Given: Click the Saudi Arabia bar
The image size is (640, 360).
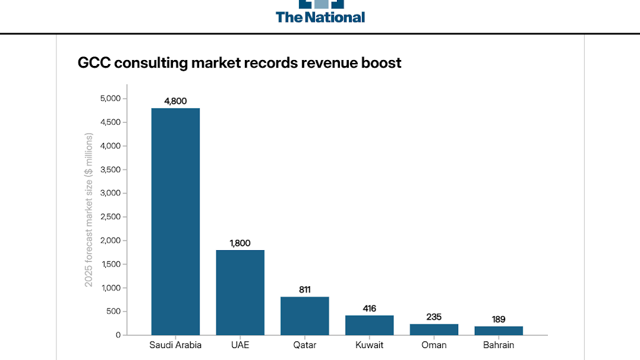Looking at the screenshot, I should [175, 222].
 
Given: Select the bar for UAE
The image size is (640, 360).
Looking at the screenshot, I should [240, 292].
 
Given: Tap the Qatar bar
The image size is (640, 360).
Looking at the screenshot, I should [305, 316].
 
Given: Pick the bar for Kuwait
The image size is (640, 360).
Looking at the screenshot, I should [370, 325].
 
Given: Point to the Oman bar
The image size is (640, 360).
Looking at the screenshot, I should [434, 330].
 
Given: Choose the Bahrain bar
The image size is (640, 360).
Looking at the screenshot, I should [499, 331].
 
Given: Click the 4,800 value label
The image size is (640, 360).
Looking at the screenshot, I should [175, 101].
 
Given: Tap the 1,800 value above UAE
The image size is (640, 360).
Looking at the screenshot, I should [240, 243].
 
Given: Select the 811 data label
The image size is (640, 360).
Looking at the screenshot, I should [305, 290].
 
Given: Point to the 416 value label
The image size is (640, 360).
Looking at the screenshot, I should [370, 308].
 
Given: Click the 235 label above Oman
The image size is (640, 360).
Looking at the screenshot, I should [434, 317].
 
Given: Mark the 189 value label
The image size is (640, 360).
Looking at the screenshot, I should [499, 319].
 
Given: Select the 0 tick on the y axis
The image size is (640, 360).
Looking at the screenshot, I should [118, 335].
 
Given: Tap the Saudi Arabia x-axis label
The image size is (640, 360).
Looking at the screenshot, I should [175, 345].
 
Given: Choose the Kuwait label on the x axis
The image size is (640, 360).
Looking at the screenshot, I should [370, 345].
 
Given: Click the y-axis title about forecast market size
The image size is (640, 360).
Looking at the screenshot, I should [89, 210].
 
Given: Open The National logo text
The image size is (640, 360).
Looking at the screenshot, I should [320, 17].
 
